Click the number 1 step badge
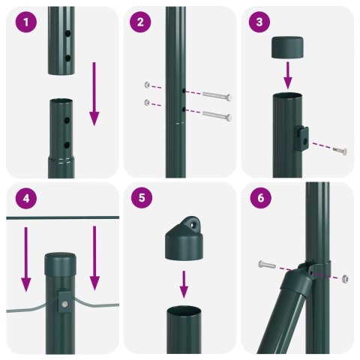pyautogui.click(x=26, y=22)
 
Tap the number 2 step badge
pyautogui.click(x=140, y=22)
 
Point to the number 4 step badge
pyautogui.click(x=26, y=199)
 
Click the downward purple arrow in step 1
pyautogui.click(x=94, y=94)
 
